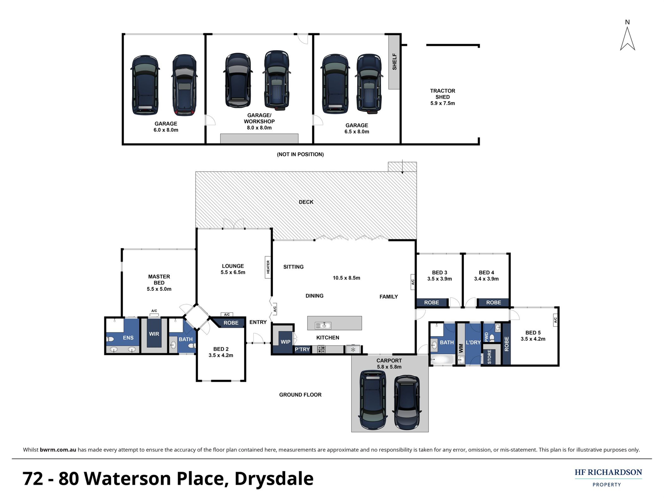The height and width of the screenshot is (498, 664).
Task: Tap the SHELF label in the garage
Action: coord(394,62)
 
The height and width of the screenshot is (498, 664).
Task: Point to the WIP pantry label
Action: coord(285,342)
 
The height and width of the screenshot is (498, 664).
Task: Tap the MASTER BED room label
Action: coord(159,280)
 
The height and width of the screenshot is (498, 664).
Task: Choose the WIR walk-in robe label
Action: coord(154,334)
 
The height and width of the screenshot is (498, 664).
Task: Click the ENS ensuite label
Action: coord(128,338)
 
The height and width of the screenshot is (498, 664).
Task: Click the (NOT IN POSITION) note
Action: coord(300,154)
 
